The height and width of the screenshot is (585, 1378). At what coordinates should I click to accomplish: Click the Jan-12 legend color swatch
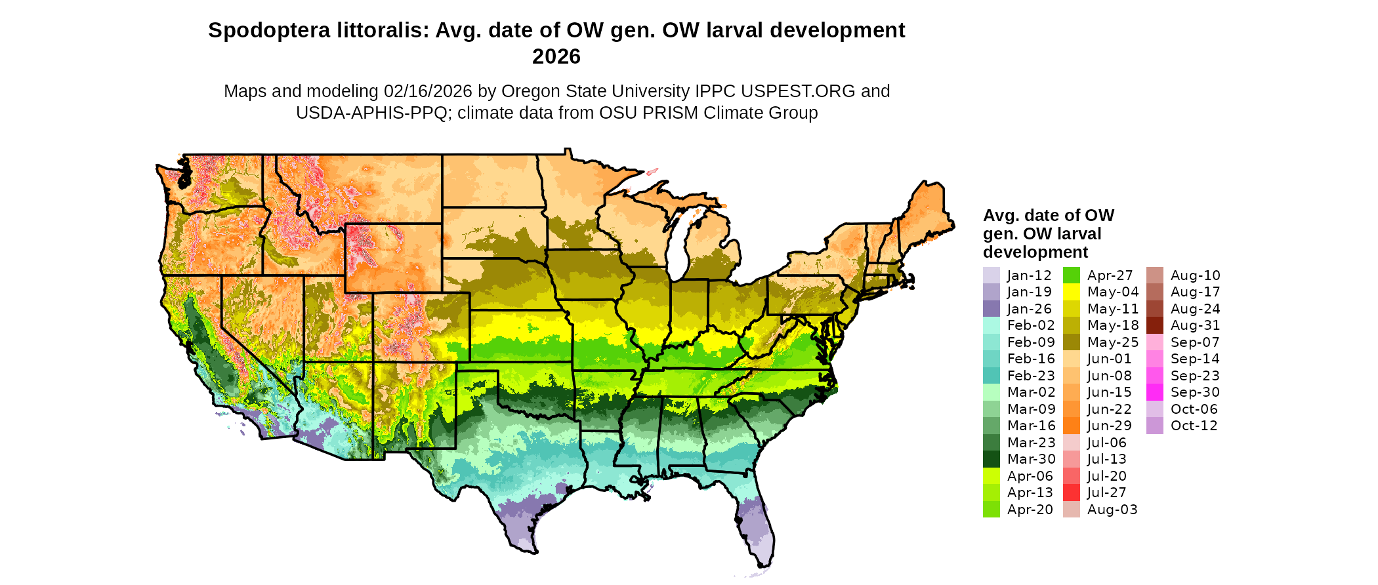(x=991, y=275)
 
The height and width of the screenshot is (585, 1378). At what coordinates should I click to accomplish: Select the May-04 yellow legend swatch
(x=1071, y=292)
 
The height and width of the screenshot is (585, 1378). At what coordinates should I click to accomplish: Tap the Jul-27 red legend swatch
(x=1071, y=493)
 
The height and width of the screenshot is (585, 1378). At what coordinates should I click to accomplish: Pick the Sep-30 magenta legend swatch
(x=1154, y=392)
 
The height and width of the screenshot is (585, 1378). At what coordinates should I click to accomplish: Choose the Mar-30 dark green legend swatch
(x=991, y=459)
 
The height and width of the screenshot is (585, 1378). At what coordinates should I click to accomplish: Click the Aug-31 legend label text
(x=1195, y=325)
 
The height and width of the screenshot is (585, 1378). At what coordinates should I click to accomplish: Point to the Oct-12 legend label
(x=1194, y=426)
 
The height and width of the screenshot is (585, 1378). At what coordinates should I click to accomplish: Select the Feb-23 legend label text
(x=1031, y=376)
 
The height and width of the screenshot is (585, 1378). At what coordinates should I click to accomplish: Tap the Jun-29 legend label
(x=1109, y=426)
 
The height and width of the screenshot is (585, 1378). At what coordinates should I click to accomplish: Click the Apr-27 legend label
(x=1110, y=275)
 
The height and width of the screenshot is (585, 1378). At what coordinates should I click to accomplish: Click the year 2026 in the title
(x=556, y=57)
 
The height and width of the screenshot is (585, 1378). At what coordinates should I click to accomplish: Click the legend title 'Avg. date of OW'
(x=1048, y=216)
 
